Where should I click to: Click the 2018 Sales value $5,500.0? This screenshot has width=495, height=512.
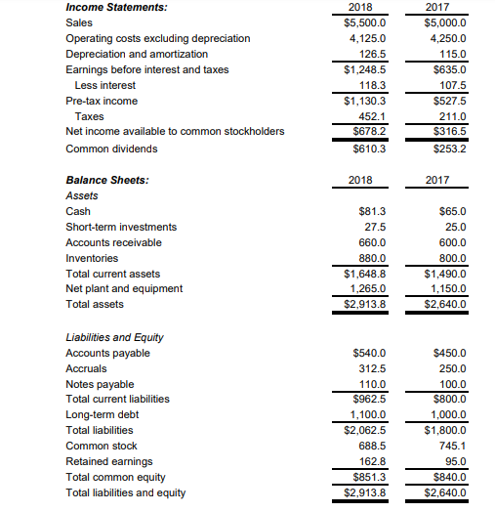[x=366, y=21]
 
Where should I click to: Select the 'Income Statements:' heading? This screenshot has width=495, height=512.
[x=102, y=7]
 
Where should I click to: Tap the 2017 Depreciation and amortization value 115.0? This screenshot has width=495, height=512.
[x=452, y=54]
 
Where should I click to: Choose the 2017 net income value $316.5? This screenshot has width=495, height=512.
[x=449, y=131]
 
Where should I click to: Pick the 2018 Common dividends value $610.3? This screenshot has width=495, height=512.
[x=368, y=149]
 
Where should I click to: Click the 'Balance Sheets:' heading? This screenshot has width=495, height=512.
[x=106, y=180]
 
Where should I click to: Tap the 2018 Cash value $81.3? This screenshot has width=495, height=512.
[x=371, y=211]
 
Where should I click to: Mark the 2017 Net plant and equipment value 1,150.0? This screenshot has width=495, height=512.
[x=446, y=288]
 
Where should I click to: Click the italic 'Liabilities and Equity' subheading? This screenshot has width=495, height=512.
[x=113, y=337]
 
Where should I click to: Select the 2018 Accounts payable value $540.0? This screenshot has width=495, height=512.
[x=368, y=353]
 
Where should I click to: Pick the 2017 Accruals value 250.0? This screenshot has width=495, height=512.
[x=452, y=367]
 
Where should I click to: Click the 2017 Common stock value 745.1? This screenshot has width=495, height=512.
[x=452, y=446]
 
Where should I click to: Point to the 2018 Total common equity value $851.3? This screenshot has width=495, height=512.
[x=368, y=477]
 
